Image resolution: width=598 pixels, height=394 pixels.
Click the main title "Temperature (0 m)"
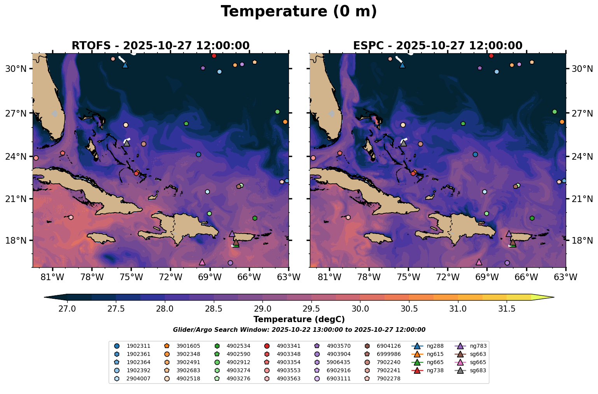point(299,12)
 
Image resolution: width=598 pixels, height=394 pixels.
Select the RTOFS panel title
point(161,45)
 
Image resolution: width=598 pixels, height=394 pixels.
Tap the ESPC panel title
point(437,45)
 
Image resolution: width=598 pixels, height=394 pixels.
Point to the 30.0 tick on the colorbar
point(360,301)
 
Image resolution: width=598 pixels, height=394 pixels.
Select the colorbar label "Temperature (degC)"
point(299,319)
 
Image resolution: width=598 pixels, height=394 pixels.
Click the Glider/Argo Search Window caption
point(299,330)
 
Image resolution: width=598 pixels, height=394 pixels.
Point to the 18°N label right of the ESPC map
point(582,241)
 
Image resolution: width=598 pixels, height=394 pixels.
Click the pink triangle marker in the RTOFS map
point(202,262)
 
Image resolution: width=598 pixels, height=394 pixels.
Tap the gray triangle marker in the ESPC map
point(404,143)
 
